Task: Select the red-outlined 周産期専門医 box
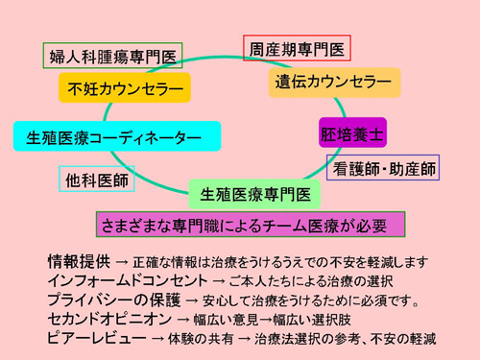tap(296, 48)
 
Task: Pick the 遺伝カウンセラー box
tap(333, 82)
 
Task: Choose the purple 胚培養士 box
tap(352, 132)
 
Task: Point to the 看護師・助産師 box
tap(383, 168)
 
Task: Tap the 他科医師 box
tap(84, 180)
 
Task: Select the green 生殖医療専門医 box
tap(253, 195)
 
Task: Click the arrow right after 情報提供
tap(122, 260)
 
